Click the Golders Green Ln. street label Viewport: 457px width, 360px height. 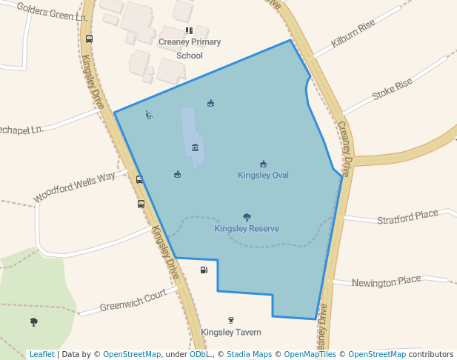(46, 12)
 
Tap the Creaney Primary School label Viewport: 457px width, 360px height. (190, 48)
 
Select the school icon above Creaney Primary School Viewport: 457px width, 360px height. (189, 31)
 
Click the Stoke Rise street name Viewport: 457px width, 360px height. (392, 90)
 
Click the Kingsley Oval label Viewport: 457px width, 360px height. (263, 176)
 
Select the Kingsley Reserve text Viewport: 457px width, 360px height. (247, 229)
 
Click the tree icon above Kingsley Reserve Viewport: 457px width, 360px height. (247, 217)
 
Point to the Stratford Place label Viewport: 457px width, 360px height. (407, 218)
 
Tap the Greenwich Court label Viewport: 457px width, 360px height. (133, 300)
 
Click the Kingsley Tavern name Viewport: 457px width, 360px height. (231, 333)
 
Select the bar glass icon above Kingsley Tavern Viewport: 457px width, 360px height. (231, 320)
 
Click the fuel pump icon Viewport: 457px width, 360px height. (204, 270)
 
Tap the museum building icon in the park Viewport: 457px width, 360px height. (195, 147)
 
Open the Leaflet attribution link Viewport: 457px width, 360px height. (41, 354)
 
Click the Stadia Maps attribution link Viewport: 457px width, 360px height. (253, 354)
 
